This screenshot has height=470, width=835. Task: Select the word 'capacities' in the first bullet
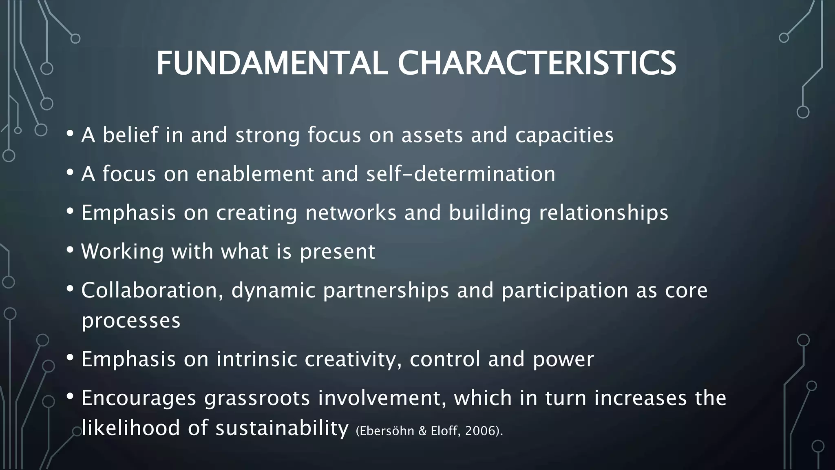coord(564,135)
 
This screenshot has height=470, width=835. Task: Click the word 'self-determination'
coord(461,174)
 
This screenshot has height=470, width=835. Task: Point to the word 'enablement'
coord(255,174)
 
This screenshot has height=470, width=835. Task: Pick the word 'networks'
coord(351,213)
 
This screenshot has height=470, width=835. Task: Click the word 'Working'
coord(122,251)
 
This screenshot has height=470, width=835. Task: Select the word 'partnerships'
coord(386,290)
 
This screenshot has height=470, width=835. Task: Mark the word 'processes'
coord(131,321)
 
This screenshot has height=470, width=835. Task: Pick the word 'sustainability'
coord(282,428)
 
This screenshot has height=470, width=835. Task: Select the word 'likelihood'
coord(131,428)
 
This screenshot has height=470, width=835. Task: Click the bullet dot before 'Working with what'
coord(70,250)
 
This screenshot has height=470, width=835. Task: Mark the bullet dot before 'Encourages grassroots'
coord(70,396)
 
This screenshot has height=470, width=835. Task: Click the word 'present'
coord(337,251)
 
